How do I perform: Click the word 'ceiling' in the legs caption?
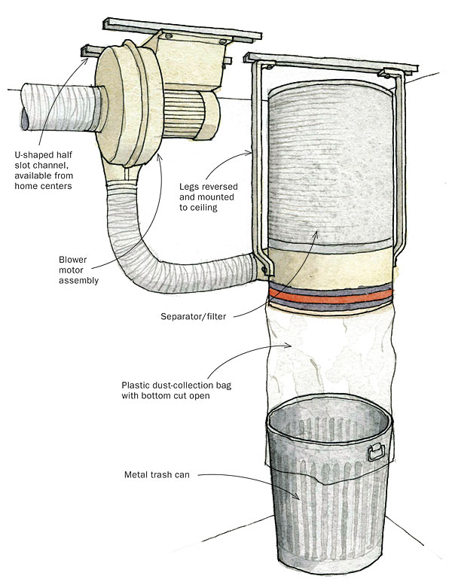point(208,208)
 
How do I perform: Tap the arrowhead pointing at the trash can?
point(300,498)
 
